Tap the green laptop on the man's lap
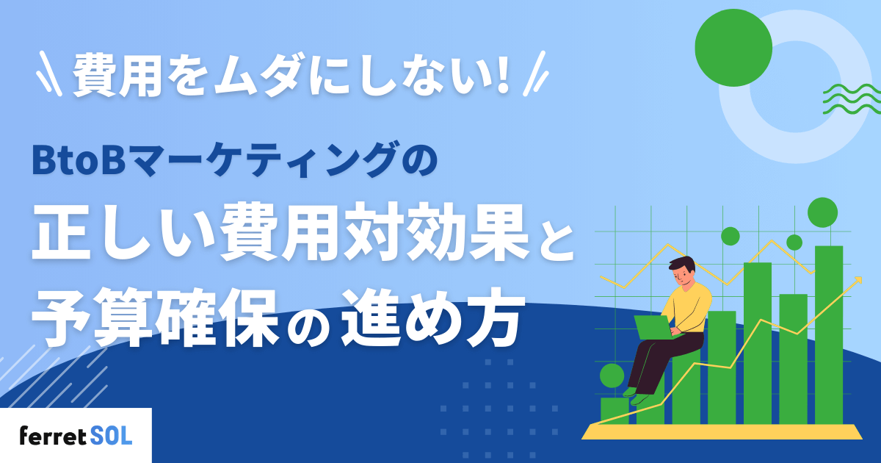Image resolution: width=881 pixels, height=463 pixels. tap(653, 328)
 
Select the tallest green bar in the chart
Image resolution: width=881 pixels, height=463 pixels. tap(828, 334)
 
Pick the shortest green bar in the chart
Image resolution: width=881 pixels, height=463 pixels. tap(614, 411)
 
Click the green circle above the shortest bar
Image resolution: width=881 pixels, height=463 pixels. tap(612, 376)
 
